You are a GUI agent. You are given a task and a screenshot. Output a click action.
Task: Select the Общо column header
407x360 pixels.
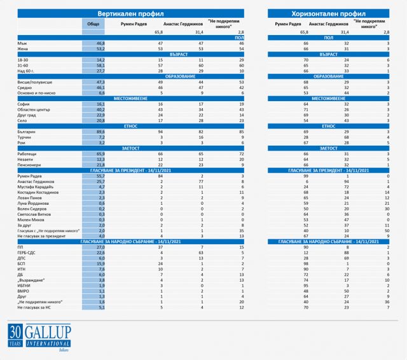93,24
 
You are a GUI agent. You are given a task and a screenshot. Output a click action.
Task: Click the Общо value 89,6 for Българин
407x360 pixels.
99,131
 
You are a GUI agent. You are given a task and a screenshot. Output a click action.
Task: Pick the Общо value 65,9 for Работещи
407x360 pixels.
99,154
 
